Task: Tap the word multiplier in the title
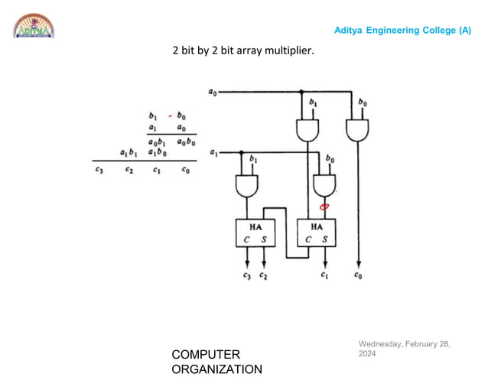click(290, 52)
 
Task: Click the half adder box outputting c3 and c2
click(255, 232)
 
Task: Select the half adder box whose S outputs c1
click(317, 232)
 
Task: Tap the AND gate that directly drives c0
click(356, 130)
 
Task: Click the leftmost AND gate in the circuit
click(246, 185)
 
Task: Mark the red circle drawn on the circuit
click(324, 206)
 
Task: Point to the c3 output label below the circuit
click(246, 275)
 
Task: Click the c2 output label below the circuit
click(263, 275)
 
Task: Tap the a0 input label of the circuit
click(212, 92)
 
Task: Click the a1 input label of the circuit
click(212, 153)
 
